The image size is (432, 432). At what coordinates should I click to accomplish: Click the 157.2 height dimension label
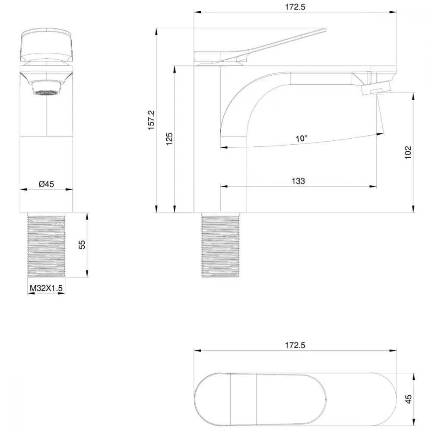(151, 120)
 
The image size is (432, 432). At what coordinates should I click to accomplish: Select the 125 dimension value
(169, 139)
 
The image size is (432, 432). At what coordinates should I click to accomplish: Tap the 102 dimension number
(408, 152)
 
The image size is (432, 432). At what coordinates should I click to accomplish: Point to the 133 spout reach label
(299, 181)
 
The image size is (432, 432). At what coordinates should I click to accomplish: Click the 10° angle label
(302, 138)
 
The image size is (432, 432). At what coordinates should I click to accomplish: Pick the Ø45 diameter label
(46, 184)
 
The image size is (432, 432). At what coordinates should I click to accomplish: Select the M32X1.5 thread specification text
(46, 288)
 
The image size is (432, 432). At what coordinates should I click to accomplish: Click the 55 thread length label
(82, 245)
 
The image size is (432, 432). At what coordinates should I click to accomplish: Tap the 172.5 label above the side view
(295, 7)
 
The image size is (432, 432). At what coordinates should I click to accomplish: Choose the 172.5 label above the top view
(295, 345)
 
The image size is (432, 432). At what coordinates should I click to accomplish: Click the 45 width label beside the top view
(409, 399)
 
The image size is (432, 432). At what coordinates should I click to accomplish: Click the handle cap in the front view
(46, 45)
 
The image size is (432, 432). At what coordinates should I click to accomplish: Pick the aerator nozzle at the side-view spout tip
(376, 89)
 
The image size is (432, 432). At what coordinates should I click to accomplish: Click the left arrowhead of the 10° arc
(224, 147)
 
